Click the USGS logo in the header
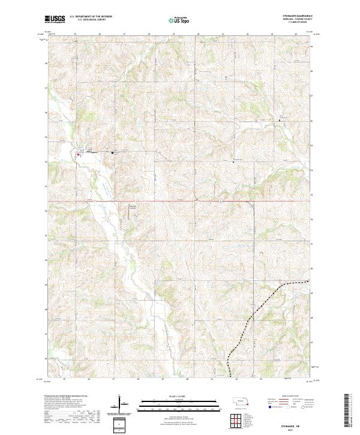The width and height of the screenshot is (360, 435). [x=55, y=19]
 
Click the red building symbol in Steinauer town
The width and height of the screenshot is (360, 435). [x=77, y=154]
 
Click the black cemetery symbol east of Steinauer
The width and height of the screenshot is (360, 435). [x=112, y=153]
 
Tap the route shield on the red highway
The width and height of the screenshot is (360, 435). [x=220, y=200]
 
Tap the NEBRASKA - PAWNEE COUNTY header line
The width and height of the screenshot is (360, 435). [x=298, y=20]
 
